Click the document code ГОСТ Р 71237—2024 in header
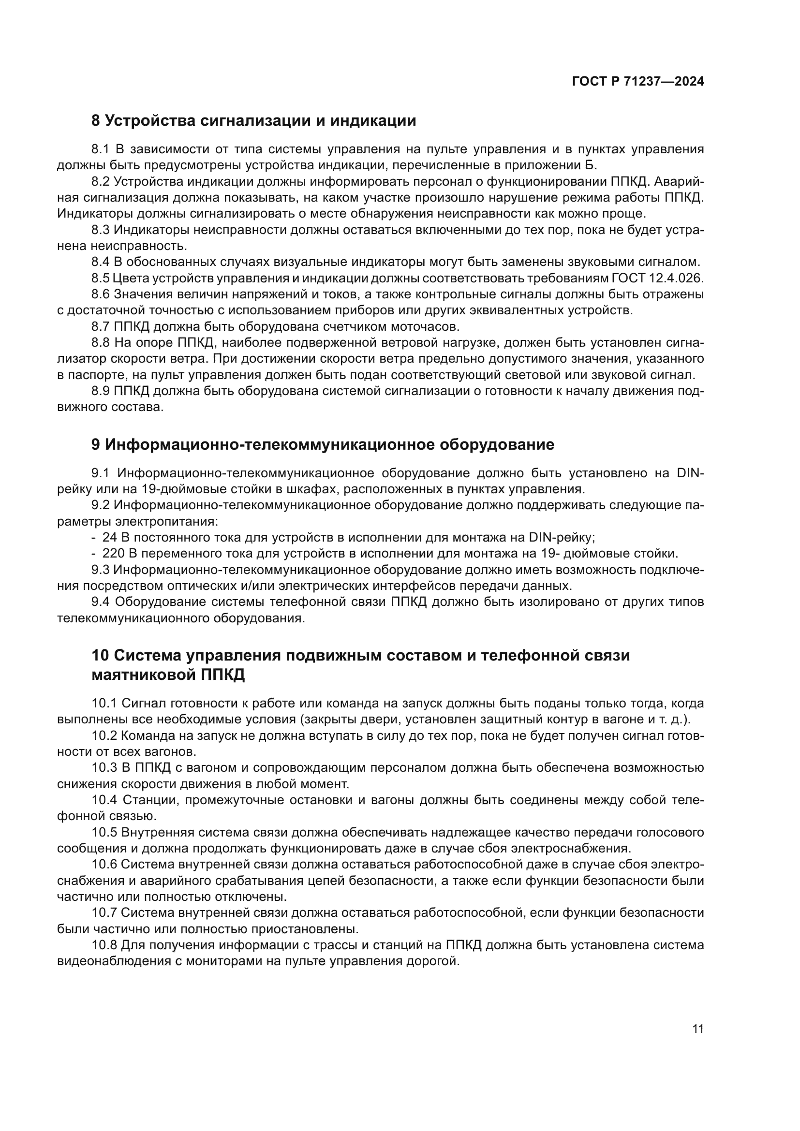(x=637, y=82)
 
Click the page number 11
(x=697, y=1053)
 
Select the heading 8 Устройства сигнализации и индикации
(x=254, y=121)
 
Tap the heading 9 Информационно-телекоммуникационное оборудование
(x=323, y=444)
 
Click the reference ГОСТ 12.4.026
(x=657, y=279)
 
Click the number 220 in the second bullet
(x=113, y=554)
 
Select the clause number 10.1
(x=104, y=704)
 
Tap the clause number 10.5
(x=104, y=833)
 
